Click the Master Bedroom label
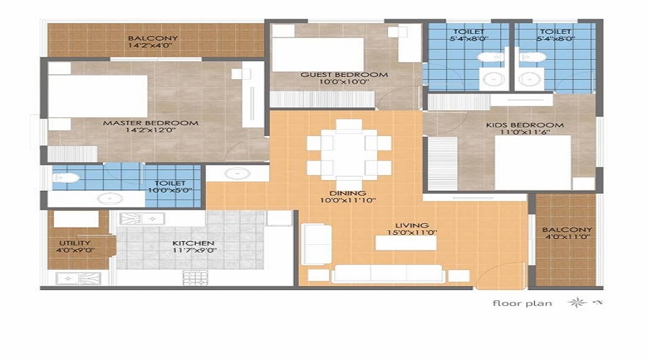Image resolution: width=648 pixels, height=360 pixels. (150, 122)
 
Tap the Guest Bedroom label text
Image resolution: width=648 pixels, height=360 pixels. (344, 75)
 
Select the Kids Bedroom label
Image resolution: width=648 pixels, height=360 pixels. (524, 125)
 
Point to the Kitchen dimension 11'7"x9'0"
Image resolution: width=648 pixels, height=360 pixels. (194, 250)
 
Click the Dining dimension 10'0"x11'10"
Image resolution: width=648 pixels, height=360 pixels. (348, 200)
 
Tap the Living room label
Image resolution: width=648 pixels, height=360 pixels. (411, 225)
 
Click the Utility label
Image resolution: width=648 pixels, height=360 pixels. (74, 243)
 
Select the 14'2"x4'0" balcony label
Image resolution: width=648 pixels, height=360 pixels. (153, 45)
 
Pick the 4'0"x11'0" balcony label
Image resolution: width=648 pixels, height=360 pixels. (567, 236)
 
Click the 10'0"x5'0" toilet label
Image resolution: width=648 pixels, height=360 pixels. (170, 190)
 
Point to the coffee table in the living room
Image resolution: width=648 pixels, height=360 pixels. (406, 243)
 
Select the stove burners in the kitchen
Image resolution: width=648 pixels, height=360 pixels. (195, 277)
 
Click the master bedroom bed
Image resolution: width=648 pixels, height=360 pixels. (97, 96)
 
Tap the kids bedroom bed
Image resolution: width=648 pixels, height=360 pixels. (533, 163)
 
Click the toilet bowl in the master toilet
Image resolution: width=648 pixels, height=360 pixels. (66, 178)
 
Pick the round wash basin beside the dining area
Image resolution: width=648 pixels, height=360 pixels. (238, 174)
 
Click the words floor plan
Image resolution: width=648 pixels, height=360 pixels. (522, 303)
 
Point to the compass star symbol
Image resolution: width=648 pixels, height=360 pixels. (577, 302)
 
